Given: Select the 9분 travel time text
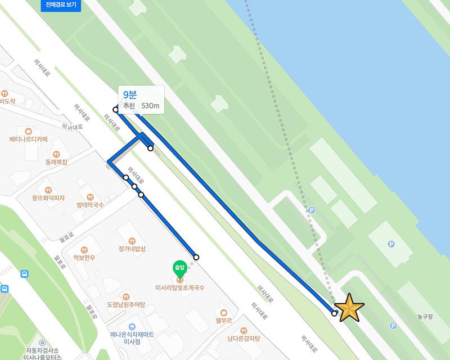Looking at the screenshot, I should pyautogui.click(x=130, y=95).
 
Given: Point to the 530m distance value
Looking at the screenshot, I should pyautogui.click(x=151, y=106).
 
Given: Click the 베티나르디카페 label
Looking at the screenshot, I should pyautogui.click(x=29, y=138).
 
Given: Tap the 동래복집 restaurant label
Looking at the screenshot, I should pyautogui.click(x=56, y=161).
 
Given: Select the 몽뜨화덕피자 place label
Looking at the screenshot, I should pyautogui.click(x=48, y=198).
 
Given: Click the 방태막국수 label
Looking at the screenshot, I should pyautogui.click(x=90, y=205).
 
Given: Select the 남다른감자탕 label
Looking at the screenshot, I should pyautogui.click(x=244, y=338).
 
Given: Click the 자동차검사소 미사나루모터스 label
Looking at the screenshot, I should pyautogui.click(x=42, y=353).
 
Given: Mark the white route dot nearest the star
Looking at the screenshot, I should pyautogui.click(x=335, y=313).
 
